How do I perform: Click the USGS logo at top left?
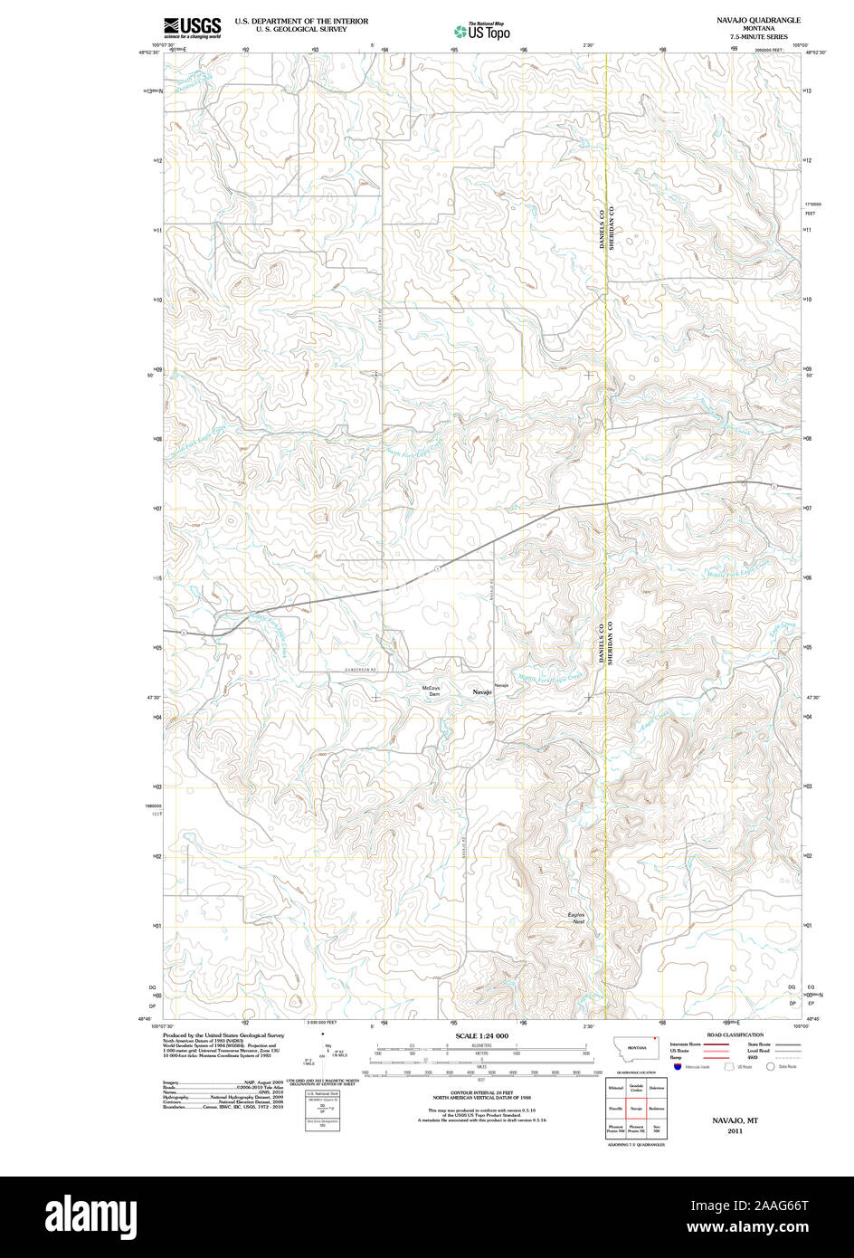[192, 28]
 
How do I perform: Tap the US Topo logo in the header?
[482, 31]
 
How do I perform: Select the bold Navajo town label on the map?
[482, 692]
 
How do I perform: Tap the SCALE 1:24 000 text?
[482, 1035]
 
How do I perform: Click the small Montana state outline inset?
[637, 1050]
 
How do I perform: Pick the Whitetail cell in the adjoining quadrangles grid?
[615, 1087]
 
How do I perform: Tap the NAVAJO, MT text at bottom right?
[734, 1120]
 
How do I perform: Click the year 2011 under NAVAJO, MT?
[734, 1130]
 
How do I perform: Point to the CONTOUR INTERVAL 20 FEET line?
[481, 1092]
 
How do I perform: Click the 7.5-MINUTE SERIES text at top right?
[758, 36]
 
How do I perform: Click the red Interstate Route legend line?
[716, 1044]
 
